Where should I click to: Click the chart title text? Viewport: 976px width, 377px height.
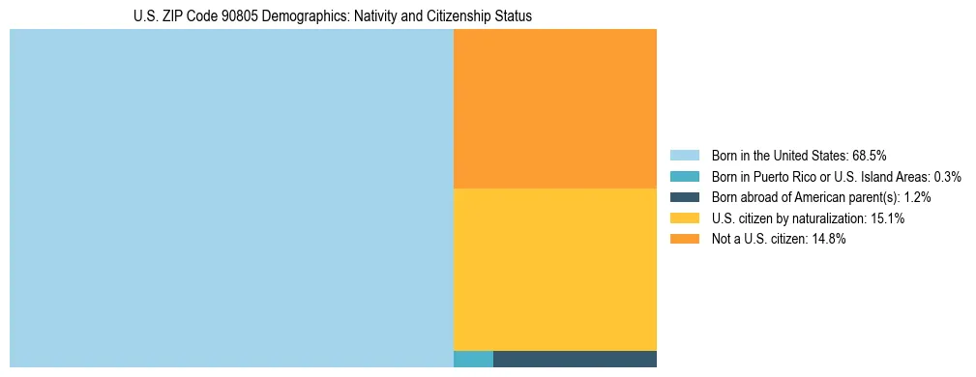tap(333, 16)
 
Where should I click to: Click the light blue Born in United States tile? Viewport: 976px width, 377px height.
tap(231, 198)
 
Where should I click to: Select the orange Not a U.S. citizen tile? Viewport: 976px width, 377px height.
tap(555, 108)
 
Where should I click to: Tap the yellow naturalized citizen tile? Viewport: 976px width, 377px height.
tap(555, 269)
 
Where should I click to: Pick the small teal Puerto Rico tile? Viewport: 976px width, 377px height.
tap(473, 360)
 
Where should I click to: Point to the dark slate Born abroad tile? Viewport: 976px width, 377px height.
tap(575, 360)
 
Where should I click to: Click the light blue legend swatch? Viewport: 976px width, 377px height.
tap(684, 155)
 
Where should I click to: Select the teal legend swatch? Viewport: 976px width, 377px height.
tap(684, 176)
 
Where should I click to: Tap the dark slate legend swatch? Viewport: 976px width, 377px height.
tap(684, 197)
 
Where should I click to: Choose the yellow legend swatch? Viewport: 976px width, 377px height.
tap(684, 218)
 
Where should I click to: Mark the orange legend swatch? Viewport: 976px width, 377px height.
tap(684, 240)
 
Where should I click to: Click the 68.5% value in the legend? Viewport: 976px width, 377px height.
tap(870, 155)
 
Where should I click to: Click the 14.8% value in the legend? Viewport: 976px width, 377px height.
tap(829, 240)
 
